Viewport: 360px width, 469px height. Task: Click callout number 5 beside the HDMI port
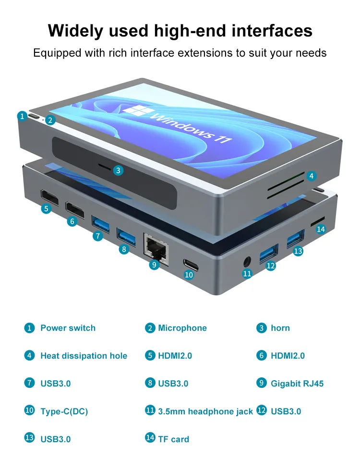pos(46,208)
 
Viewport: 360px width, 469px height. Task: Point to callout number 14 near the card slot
pos(321,229)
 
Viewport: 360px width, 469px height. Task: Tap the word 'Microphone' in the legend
pos(182,328)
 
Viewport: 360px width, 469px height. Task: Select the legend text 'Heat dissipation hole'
pos(84,356)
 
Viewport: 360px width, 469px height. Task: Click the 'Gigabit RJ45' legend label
pos(297,384)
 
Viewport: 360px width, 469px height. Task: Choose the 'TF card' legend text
pos(173,439)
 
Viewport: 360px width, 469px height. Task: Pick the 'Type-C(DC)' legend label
pos(64,411)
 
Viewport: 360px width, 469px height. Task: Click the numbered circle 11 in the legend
pos(150,410)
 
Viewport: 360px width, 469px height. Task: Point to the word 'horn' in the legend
pos(280,328)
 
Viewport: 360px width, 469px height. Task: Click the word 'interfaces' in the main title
pos(272,31)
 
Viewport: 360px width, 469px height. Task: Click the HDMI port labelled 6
pos(75,209)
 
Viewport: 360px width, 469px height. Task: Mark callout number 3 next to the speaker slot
pos(119,170)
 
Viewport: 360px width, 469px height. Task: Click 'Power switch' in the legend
pos(68,328)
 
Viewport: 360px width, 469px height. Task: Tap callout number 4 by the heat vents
pos(311,176)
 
